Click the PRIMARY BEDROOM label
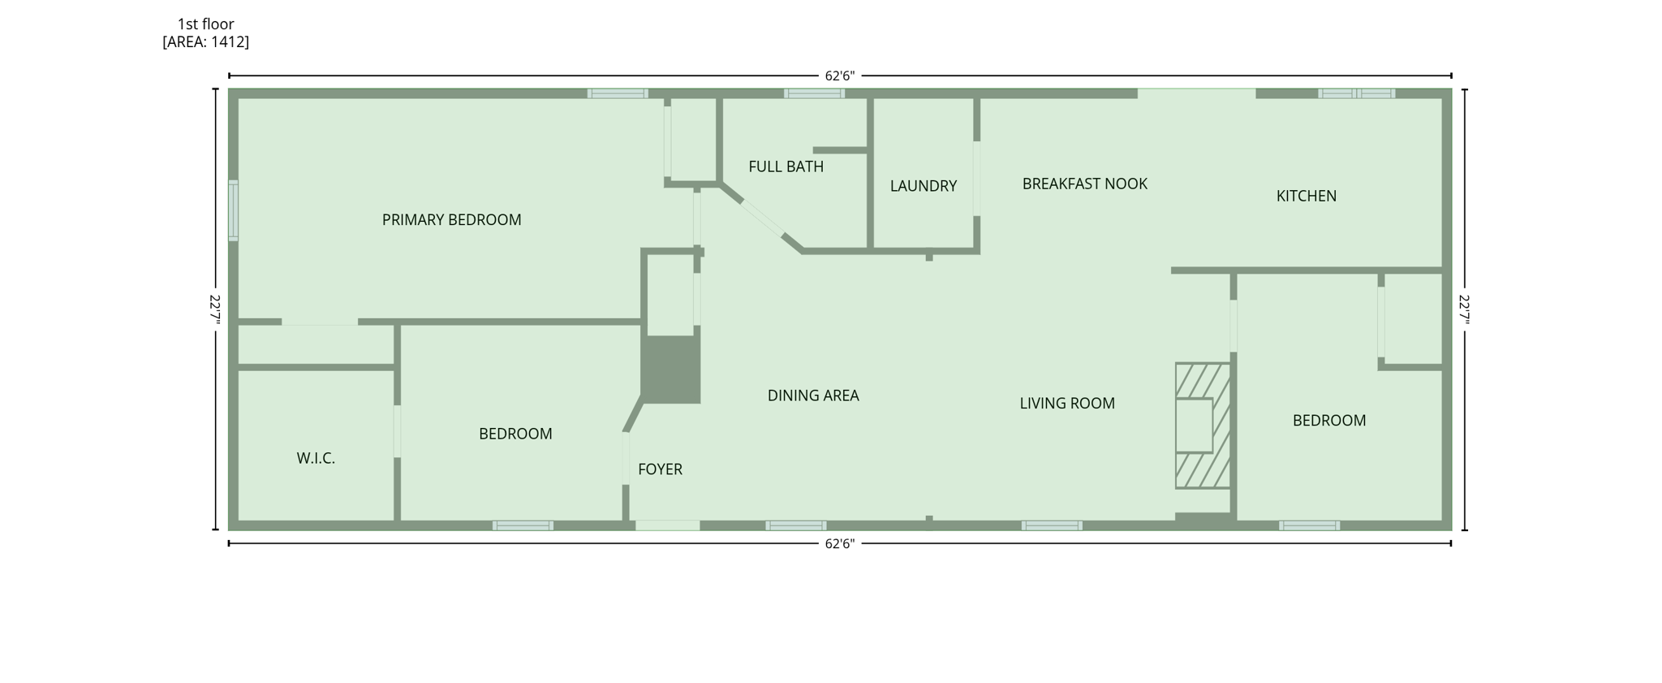[x=451, y=220]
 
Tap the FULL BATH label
[x=786, y=166]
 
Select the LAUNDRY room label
[x=923, y=186]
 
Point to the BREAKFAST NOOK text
[x=1084, y=184]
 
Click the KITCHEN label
[x=1306, y=196]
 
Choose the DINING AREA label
[x=812, y=396]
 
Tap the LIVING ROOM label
[x=1066, y=404]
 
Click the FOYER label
[x=660, y=469]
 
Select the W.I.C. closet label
[x=316, y=459]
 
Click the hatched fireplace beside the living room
[x=1202, y=425]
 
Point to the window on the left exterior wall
[x=233, y=210]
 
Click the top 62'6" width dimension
[x=839, y=76]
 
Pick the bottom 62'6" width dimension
[x=839, y=543]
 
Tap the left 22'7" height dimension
[x=215, y=309]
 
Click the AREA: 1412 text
[x=205, y=42]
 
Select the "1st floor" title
[x=205, y=24]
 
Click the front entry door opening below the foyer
[x=667, y=525]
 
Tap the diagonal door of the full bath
[x=762, y=217]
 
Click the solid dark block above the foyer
[x=671, y=370]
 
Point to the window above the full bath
[x=814, y=93]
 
